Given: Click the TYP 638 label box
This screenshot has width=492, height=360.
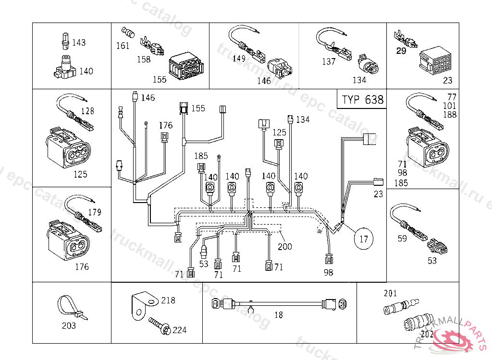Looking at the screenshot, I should pyautogui.click(x=363, y=100).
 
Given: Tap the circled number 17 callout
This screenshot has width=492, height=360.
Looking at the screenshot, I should pyautogui.click(x=364, y=238).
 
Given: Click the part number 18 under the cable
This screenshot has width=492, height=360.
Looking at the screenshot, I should pyautogui.click(x=279, y=315).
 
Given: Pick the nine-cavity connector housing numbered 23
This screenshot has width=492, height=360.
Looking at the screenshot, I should pyautogui.click(x=435, y=60).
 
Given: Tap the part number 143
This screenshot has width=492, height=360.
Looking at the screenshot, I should pyautogui.click(x=79, y=43).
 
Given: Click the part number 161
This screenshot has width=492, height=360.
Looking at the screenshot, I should pyautogui.click(x=123, y=46).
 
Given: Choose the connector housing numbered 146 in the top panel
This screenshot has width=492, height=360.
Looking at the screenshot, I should pyautogui.click(x=282, y=68).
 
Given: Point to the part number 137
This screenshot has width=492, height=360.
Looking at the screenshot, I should pyautogui.click(x=329, y=62).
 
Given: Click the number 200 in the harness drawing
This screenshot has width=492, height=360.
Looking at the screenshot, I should pyautogui.click(x=284, y=247).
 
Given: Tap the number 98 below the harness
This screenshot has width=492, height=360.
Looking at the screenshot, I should pyautogui.click(x=329, y=273).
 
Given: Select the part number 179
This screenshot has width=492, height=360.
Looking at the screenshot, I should pyautogui.click(x=95, y=212).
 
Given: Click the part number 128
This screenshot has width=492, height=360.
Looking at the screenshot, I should pyautogui.click(x=87, y=111).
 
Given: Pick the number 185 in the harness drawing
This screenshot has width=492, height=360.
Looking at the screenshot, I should pyautogui.click(x=201, y=156).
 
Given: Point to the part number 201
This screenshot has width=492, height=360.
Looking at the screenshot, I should pyautogui.click(x=391, y=293).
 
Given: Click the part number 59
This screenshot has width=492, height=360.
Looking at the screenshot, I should pyautogui.click(x=402, y=237).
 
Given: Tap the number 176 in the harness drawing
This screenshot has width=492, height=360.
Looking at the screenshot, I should pyautogui.click(x=166, y=125).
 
